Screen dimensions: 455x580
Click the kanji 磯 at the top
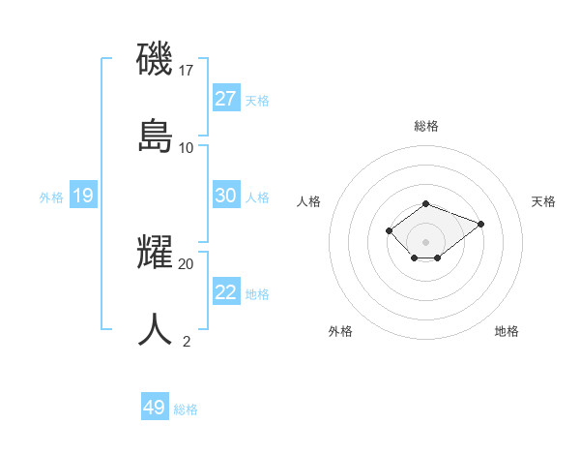click(x=155, y=58)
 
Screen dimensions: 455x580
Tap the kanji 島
click(x=155, y=135)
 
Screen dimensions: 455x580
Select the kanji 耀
click(x=155, y=252)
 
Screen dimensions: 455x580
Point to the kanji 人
click(x=155, y=329)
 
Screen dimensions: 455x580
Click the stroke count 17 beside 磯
click(x=187, y=70)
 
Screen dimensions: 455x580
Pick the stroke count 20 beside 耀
click(x=187, y=262)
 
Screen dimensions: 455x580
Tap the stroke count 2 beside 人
click(x=187, y=340)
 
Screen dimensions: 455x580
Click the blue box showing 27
click(x=225, y=99)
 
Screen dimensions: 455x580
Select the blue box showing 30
click(x=225, y=196)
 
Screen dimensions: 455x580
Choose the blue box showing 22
click(x=225, y=292)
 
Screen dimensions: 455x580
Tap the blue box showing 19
click(x=83, y=197)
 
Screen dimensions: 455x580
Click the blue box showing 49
click(x=155, y=408)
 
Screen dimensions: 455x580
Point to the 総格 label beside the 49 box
click(x=186, y=409)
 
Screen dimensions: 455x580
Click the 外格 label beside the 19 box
click(x=51, y=197)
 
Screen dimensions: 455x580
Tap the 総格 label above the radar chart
click(x=426, y=126)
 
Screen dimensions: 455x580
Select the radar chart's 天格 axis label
click(x=543, y=201)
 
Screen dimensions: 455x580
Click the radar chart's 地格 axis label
click(x=507, y=331)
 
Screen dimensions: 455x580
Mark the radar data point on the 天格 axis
click(x=480, y=224)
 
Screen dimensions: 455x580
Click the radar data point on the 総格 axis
click(x=426, y=203)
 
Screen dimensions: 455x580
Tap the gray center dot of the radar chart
click(x=426, y=241)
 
